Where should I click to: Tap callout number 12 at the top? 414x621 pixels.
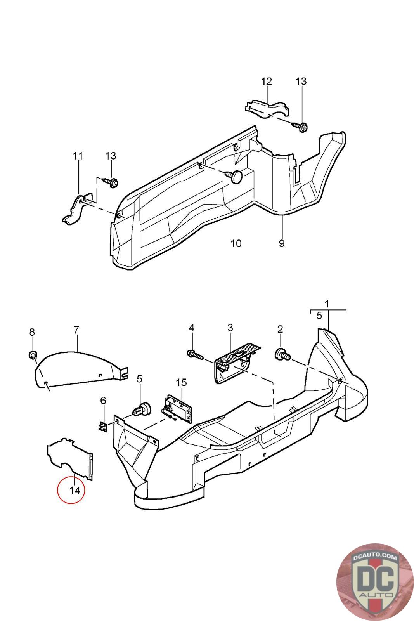click(x=267, y=82)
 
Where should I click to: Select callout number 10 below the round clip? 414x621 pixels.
click(x=236, y=243)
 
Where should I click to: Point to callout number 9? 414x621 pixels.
click(x=282, y=243)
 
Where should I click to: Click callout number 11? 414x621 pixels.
click(x=78, y=156)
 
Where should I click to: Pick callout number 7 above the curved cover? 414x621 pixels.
click(x=76, y=330)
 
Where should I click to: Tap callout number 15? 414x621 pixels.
click(x=181, y=382)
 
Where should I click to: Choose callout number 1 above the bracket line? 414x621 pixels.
click(x=327, y=304)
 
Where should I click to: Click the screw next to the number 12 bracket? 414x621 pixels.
click(x=301, y=126)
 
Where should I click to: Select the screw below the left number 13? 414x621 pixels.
click(x=111, y=182)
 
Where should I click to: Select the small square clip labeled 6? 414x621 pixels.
click(x=102, y=426)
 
